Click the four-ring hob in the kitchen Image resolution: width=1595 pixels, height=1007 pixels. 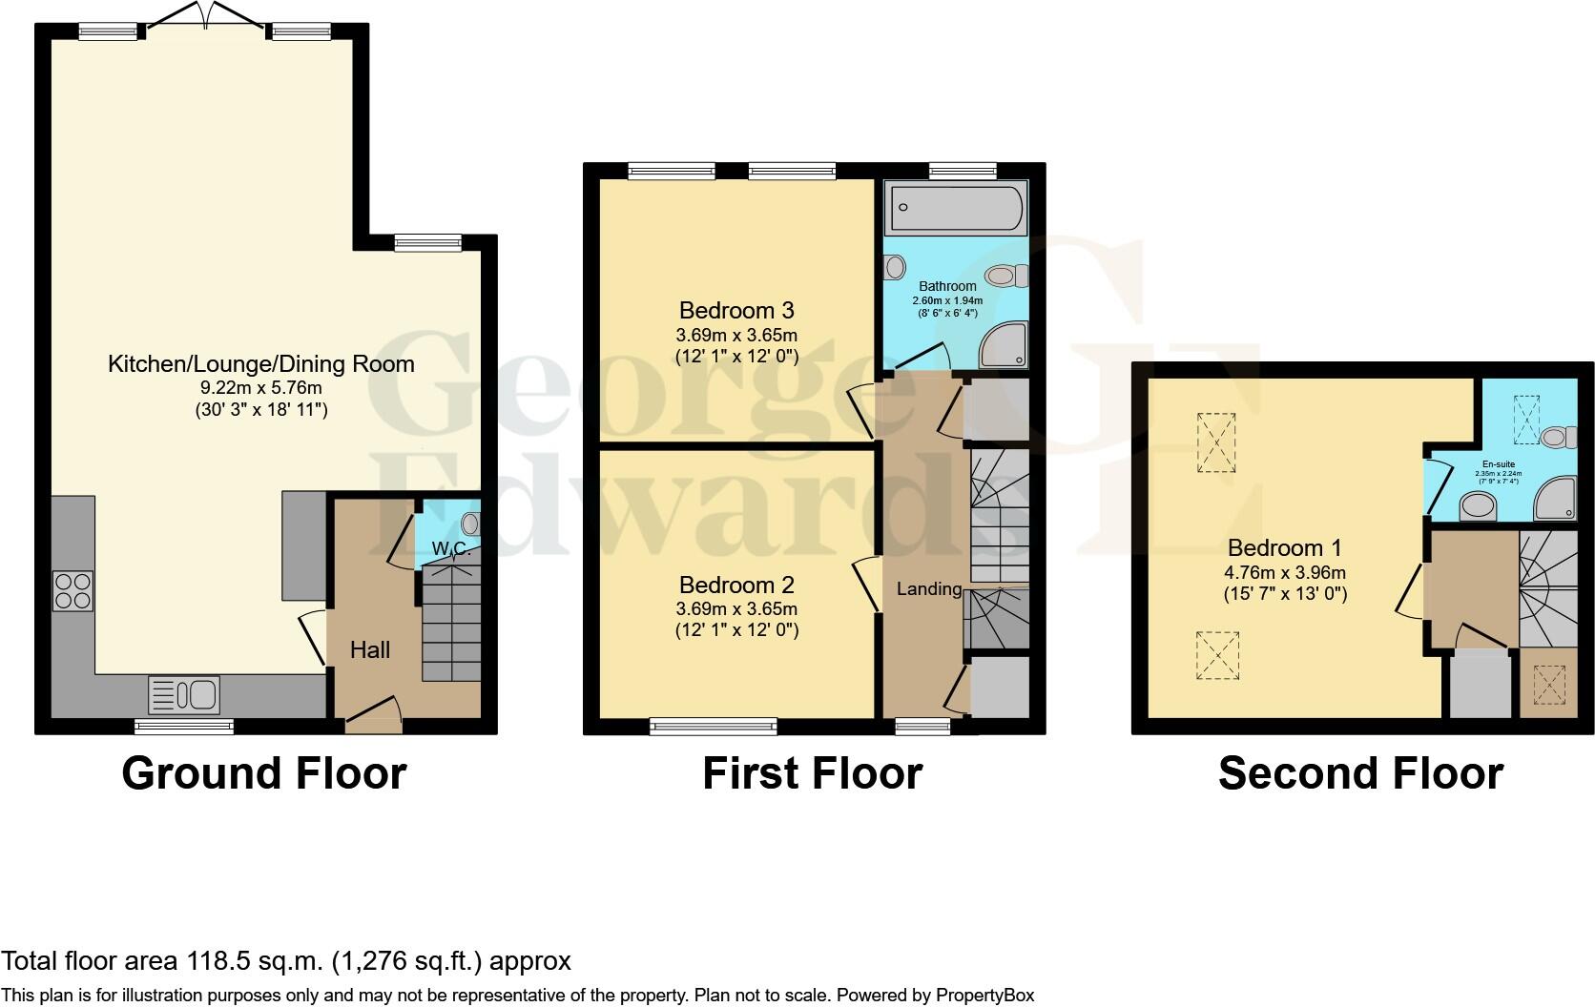tap(73, 589)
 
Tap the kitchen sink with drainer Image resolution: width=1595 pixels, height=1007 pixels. tap(184, 694)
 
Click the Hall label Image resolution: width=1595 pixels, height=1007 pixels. tap(370, 650)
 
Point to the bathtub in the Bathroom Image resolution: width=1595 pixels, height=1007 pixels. tap(956, 208)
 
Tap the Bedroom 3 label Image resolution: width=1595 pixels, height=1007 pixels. tap(736, 310)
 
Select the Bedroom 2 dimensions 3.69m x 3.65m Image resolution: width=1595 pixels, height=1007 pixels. tap(736, 608)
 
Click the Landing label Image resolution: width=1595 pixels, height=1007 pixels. tap(928, 589)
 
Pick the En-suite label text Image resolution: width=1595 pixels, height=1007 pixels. tap(1498, 463)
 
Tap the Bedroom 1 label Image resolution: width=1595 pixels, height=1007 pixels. tap(1284, 547)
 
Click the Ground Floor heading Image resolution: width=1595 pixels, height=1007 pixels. tap(264, 772)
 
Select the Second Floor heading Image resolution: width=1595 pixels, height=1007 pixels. tap(1360, 772)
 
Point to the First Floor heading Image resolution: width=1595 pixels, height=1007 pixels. tap(813, 772)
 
